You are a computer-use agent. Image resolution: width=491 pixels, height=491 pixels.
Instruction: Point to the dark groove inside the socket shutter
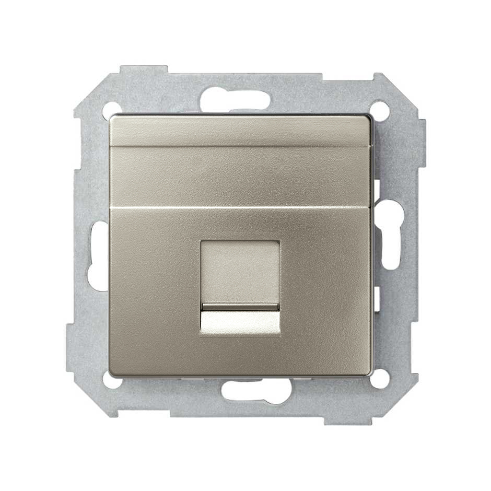[x=240, y=306]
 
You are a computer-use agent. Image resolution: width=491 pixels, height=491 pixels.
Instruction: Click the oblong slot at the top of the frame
[x=235, y=99]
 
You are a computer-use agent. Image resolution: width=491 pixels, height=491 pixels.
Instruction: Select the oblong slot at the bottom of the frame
[x=256, y=390]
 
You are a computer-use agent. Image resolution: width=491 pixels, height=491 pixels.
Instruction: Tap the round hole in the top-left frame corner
[x=111, y=110]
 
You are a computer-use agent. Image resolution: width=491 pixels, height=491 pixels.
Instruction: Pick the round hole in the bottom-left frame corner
[x=112, y=380]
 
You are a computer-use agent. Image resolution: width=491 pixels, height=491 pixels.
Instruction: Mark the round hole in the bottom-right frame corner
[x=380, y=379]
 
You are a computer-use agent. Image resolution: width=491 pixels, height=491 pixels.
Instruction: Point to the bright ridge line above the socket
[x=240, y=208]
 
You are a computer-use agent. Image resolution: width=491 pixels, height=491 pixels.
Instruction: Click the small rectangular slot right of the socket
[x=376, y=298]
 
